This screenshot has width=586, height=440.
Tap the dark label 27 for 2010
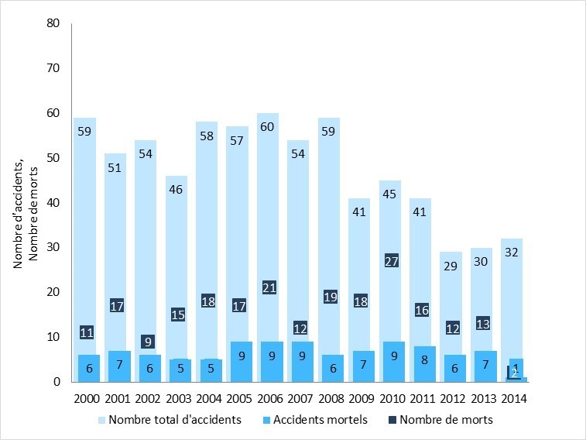pos(390,260)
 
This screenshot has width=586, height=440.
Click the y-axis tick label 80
pos(53,23)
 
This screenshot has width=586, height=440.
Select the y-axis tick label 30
pos(53,247)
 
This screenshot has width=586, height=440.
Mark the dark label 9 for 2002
pos(146,341)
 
